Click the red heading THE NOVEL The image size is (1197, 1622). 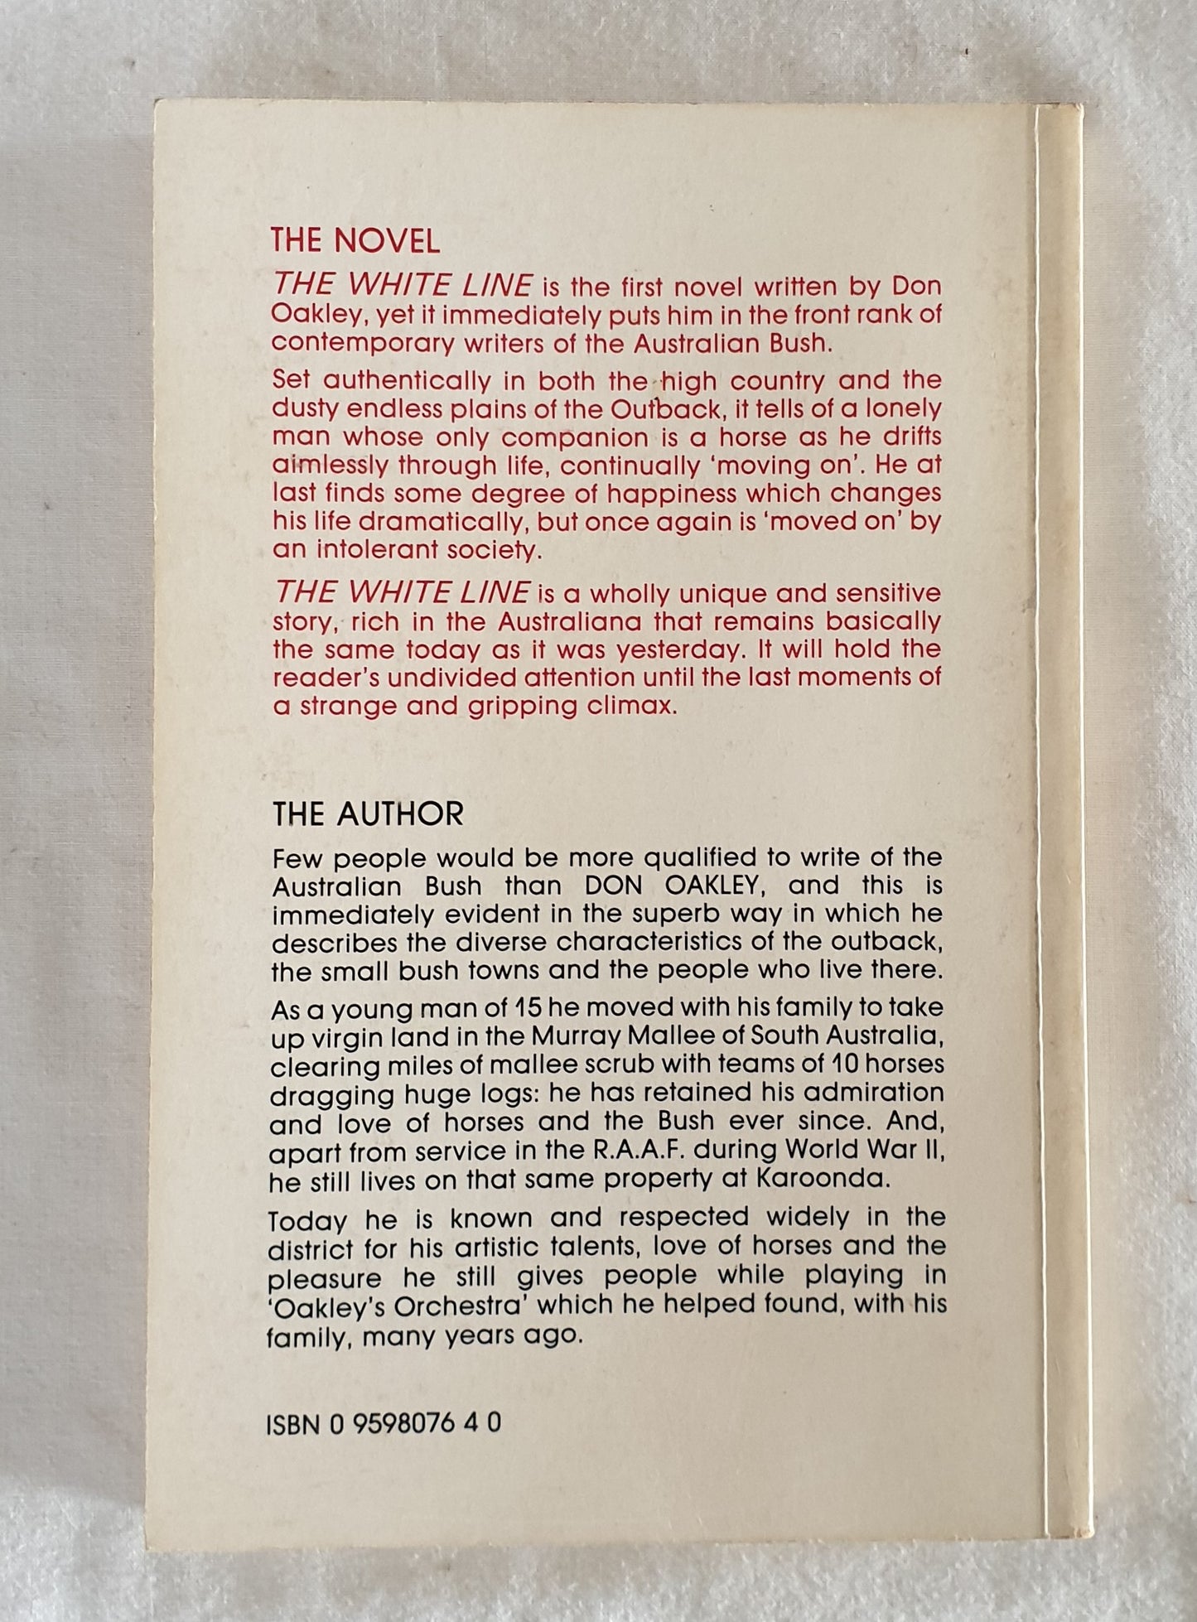coord(355,240)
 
